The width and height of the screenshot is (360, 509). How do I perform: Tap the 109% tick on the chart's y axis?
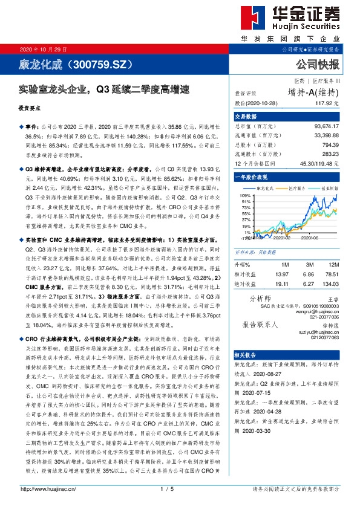[x=245, y=196]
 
